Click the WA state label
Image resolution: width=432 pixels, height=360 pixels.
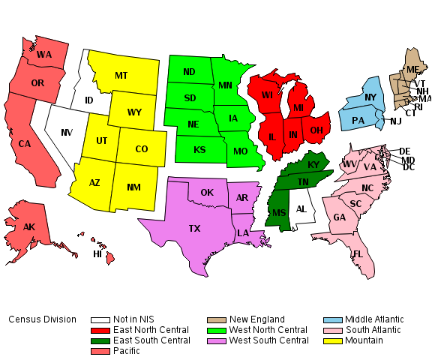[x=44, y=55]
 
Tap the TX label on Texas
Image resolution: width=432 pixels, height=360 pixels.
[x=194, y=228]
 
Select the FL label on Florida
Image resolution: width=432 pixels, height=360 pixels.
[x=358, y=254]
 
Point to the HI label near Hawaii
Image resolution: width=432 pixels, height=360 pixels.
[x=97, y=254]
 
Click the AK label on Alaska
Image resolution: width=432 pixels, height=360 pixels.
[x=28, y=227]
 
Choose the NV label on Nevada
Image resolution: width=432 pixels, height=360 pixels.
[x=67, y=133]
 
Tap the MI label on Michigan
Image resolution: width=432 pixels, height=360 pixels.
[x=298, y=108]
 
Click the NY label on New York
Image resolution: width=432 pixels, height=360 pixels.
[x=370, y=97]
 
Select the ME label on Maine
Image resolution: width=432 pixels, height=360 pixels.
[x=412, y=70]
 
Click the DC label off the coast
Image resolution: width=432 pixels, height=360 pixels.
[x=409, y=167]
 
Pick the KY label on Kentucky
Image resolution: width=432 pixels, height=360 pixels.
[x=313, y=165]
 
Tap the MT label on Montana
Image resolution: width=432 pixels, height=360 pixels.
[x=121, y=76]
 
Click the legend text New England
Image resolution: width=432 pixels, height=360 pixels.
[x=257, y=319]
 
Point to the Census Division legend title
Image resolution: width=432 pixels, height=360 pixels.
[x=42, y=319]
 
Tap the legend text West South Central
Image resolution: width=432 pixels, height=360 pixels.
[x=268, y=340]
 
